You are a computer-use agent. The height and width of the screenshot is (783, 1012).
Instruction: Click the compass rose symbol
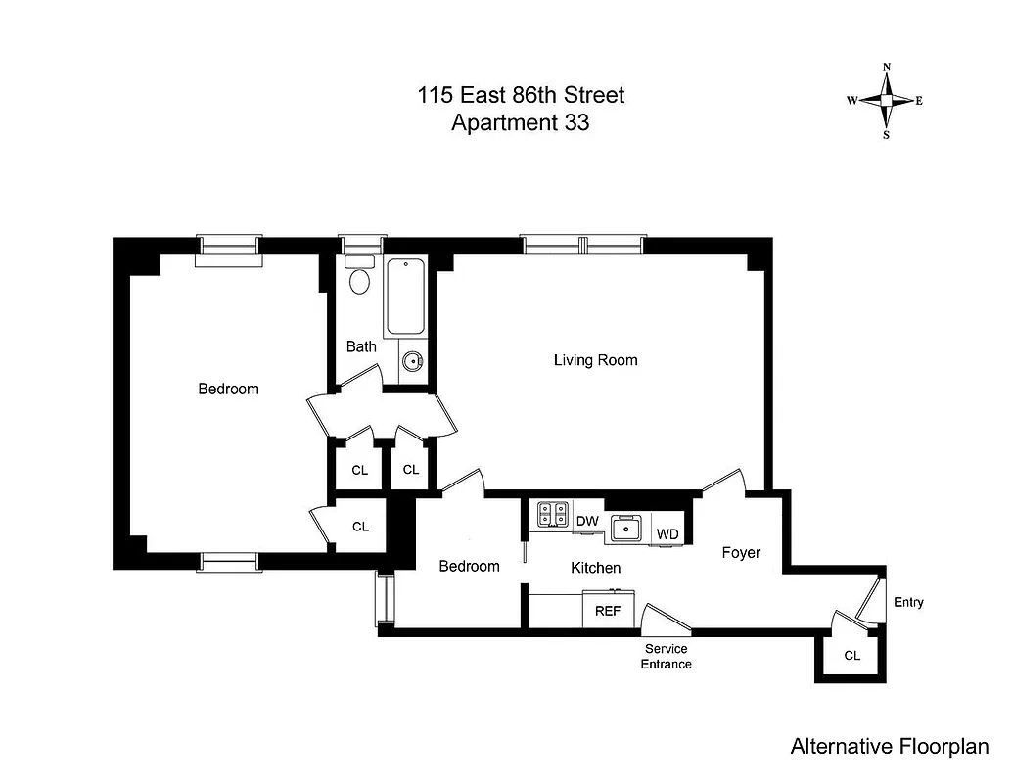(x=886, y=101)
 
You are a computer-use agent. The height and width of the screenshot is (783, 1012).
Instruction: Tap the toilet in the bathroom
(x=360, y=278)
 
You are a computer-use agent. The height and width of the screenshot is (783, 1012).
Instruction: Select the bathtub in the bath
(x=404, y=298)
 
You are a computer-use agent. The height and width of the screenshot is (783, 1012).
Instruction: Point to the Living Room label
(x=595, y=360)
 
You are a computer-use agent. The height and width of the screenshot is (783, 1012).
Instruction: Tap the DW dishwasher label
(x=587, y=521)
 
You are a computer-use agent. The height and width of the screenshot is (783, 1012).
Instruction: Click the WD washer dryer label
(x=667, y=534)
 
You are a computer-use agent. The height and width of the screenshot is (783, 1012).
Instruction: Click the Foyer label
(x=741, y=553)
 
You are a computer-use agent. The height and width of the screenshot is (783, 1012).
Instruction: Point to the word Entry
(x=908, y=602)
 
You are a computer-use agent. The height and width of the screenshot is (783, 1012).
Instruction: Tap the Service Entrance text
(x=666, y=657)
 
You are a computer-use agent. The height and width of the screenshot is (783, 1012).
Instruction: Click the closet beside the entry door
(x=851, y=655)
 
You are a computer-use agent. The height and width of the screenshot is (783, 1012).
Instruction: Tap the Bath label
(x=361, y=346)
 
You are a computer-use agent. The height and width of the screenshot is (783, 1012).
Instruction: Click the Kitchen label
(x=595, y=568)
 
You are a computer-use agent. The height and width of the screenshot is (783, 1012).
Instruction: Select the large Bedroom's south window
(x=230, y=561)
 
